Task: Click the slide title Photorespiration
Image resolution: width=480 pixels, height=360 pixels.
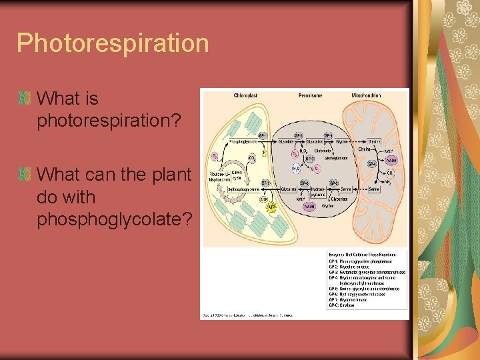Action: pyautogui.click(x=113, y=43)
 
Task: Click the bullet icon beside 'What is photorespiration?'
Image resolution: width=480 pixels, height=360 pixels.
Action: pyautogui.click(x=25, y=99)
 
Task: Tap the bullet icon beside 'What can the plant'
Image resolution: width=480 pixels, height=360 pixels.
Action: pyautogui.click(x=25, y=175)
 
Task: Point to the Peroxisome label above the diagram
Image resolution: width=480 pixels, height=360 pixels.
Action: pyautogui.click(x=311, y=95)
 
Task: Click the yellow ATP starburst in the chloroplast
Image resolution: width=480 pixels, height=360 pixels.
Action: pyautogui.click(x=271, y=208)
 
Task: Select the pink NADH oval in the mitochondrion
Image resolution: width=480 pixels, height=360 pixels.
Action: pyautogui.click(x=392, y=160)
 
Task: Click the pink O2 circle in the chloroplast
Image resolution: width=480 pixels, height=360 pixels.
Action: pyautogui.click(x=215, y=157)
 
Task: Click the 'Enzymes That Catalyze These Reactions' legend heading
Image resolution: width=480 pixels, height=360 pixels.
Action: pyautogui.click(x=362, y=254)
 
